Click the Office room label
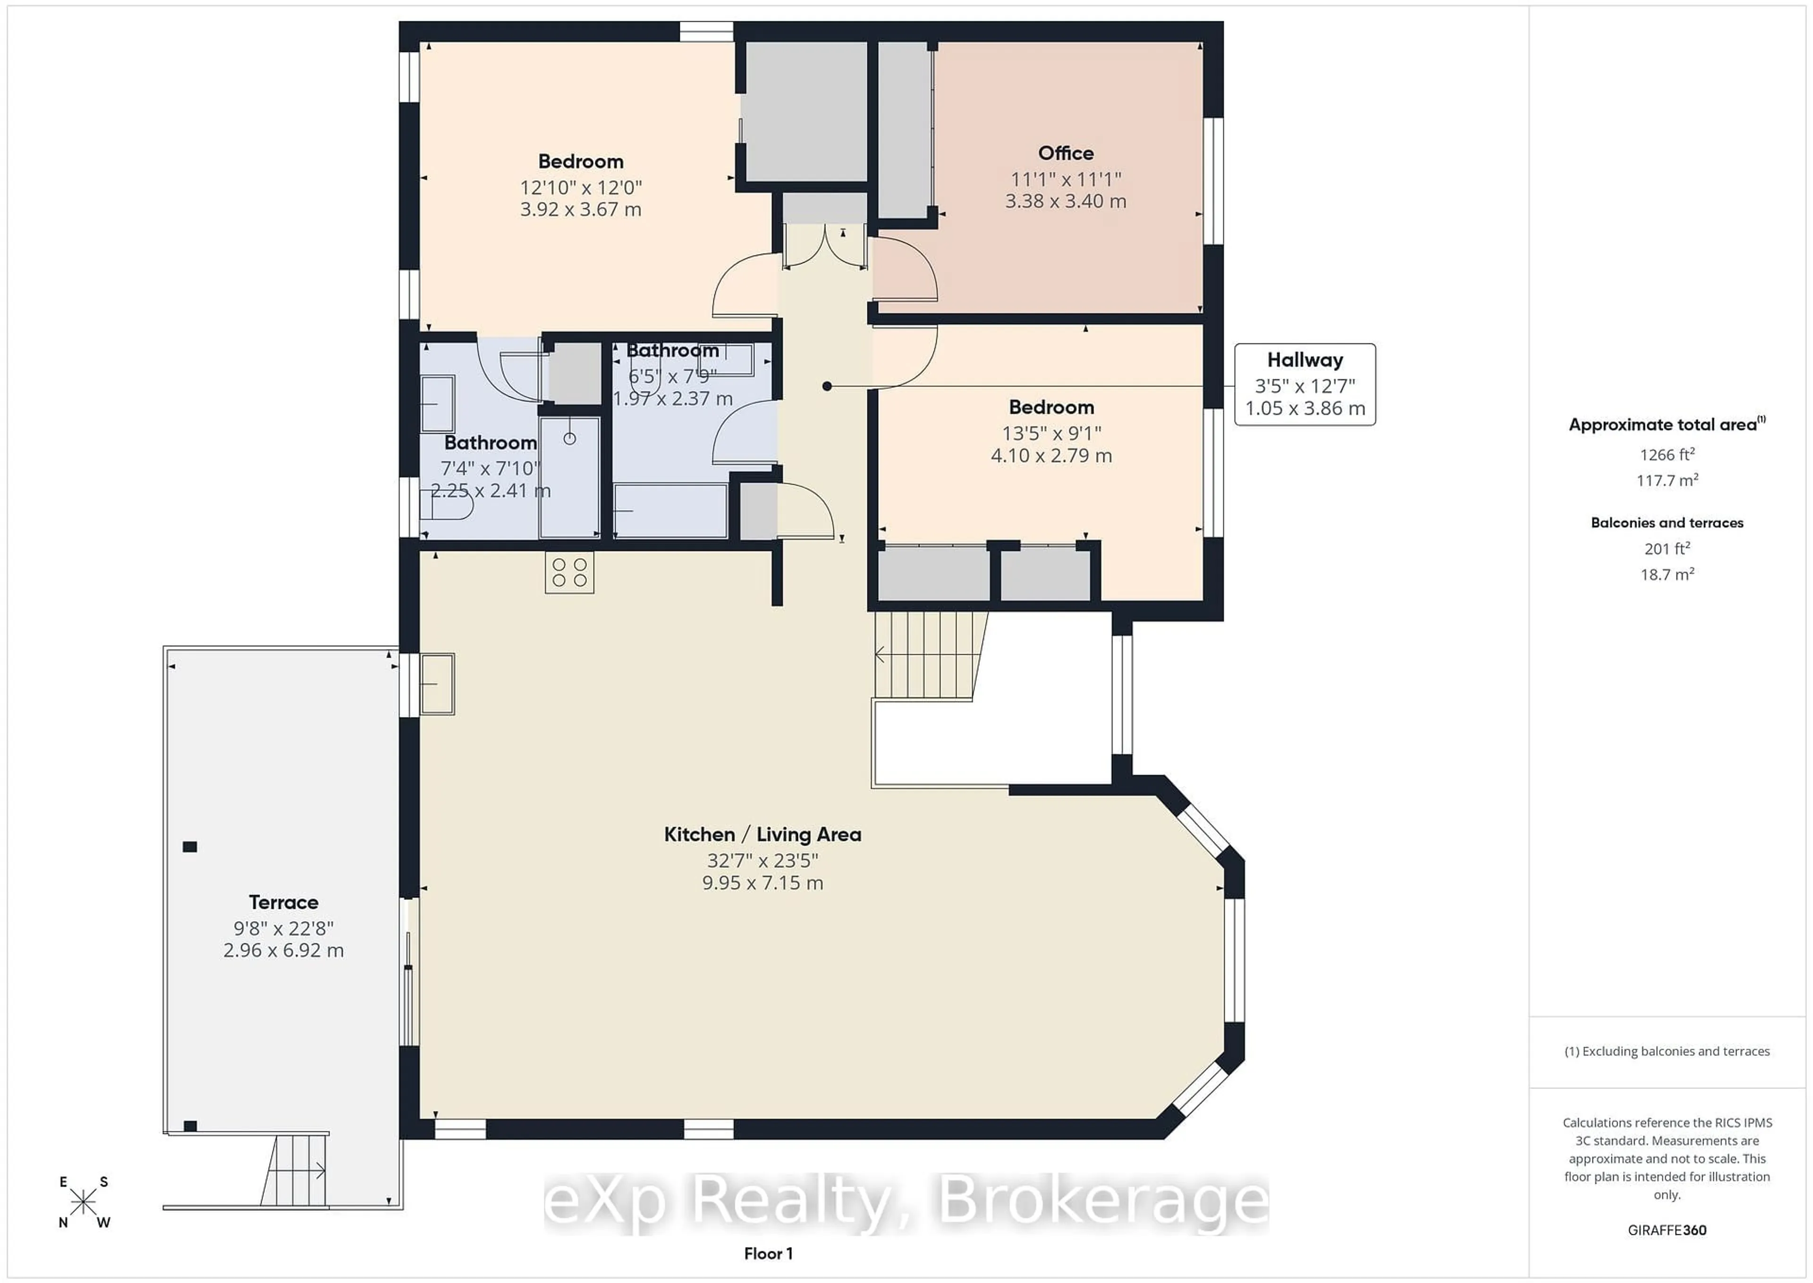(1065, 153)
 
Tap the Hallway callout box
(1305, 384)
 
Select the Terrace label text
(283, 902)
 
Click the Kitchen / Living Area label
(762, 834)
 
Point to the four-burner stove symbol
(569, 573)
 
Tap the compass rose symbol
(83, 1202)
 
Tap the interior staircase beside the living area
(928, 655)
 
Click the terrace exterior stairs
(296, 1169)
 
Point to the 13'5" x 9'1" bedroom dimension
(1051, 433)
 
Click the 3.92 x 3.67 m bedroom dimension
(580, 209)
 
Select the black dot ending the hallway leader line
(827, 386)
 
